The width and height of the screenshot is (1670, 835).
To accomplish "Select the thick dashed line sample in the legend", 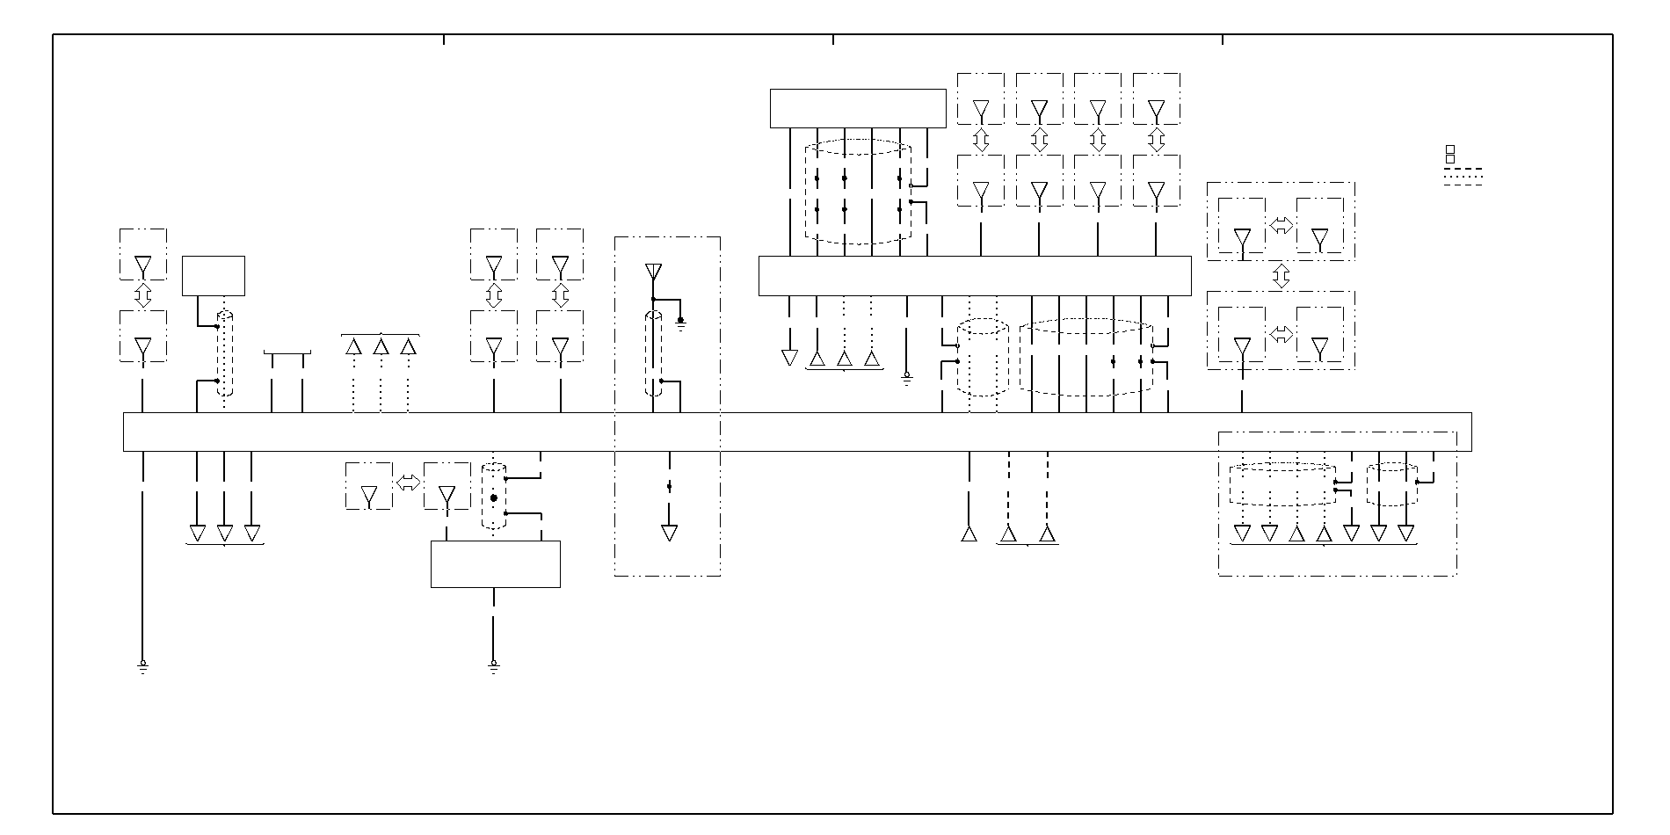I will pos(1463,169).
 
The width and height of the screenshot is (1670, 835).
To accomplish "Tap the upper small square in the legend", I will pos(1450,150).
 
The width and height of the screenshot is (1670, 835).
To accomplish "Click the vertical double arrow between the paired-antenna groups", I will pos(1281,276).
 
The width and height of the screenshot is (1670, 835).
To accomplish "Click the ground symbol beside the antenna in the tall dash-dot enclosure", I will pos(680,326).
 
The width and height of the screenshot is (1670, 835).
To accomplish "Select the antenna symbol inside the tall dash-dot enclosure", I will pos(652,272).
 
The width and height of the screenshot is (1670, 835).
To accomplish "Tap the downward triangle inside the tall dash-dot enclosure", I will pos(669,533).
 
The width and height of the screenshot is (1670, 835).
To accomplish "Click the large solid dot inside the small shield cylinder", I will pos(493,498).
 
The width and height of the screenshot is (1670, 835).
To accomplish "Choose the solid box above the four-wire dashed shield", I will pos(857,108).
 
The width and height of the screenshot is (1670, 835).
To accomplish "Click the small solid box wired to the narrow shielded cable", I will pos(213,276).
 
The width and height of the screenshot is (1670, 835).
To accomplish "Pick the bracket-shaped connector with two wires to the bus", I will pos(287,355).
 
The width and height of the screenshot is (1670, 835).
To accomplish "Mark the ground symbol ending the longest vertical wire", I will pos(142,667).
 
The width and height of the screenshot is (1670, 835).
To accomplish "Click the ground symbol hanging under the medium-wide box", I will pos(907,379).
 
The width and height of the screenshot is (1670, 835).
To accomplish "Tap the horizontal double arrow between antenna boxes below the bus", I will pos(408,483).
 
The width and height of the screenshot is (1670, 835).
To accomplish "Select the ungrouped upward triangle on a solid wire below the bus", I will pos(969,534).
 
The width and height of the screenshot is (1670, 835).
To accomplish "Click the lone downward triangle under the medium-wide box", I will pos(789,358).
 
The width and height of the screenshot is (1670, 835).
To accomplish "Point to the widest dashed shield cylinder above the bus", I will pos(1085,358).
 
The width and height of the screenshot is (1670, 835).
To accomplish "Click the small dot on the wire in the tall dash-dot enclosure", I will pos(669,486).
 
